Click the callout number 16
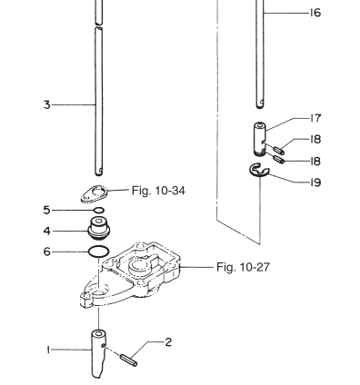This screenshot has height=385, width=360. point(315,13)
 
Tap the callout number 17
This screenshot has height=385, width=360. point(315,118)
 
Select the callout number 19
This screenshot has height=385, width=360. point(315,183)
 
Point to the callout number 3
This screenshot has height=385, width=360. point(46,105)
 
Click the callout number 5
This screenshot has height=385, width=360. point(46,210)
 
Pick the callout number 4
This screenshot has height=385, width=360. point(46,231)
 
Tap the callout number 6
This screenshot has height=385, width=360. point(46,252)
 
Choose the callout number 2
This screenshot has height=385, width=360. point(168,342)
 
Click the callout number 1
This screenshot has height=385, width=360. point(48,350)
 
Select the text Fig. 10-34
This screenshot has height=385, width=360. point(158,191)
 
